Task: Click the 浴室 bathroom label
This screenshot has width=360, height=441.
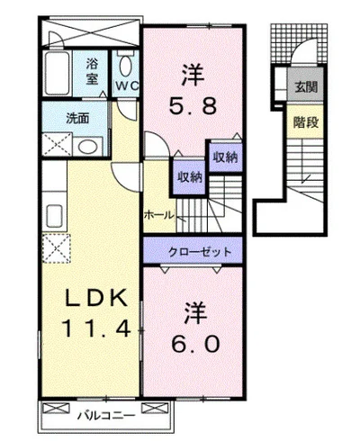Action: pos(92,71)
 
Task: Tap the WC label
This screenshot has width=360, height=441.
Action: pos(128,86)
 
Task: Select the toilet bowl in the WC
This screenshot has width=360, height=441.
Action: pos(126,67)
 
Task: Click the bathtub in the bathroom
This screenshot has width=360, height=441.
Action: pos(57,73)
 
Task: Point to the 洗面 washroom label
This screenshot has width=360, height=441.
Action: pos(77,118)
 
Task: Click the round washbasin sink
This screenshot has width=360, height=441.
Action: pos(87,147)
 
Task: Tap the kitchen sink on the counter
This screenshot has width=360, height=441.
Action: pos(54,216)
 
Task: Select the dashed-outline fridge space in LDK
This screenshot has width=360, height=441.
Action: pos(56,248)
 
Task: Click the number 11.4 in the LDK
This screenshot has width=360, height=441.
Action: pos(96,328)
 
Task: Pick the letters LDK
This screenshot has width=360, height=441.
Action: pos(96,298)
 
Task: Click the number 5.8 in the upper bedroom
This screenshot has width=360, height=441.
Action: pos(193,105)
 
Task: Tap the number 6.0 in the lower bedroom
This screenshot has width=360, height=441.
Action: pos(195,344)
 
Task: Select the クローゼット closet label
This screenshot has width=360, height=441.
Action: pos(200,252)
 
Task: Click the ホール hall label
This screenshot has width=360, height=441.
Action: pos(159,215)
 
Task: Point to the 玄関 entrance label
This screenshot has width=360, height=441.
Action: pos(306,87)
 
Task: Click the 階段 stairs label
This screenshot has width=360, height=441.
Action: pos(306,122)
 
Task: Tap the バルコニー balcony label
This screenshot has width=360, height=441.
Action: pos(106,416)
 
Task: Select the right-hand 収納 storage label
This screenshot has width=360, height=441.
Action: pos(225,157)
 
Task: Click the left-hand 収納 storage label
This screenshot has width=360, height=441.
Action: pos(190,177)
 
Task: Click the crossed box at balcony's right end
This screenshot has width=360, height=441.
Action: pos(154,408)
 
